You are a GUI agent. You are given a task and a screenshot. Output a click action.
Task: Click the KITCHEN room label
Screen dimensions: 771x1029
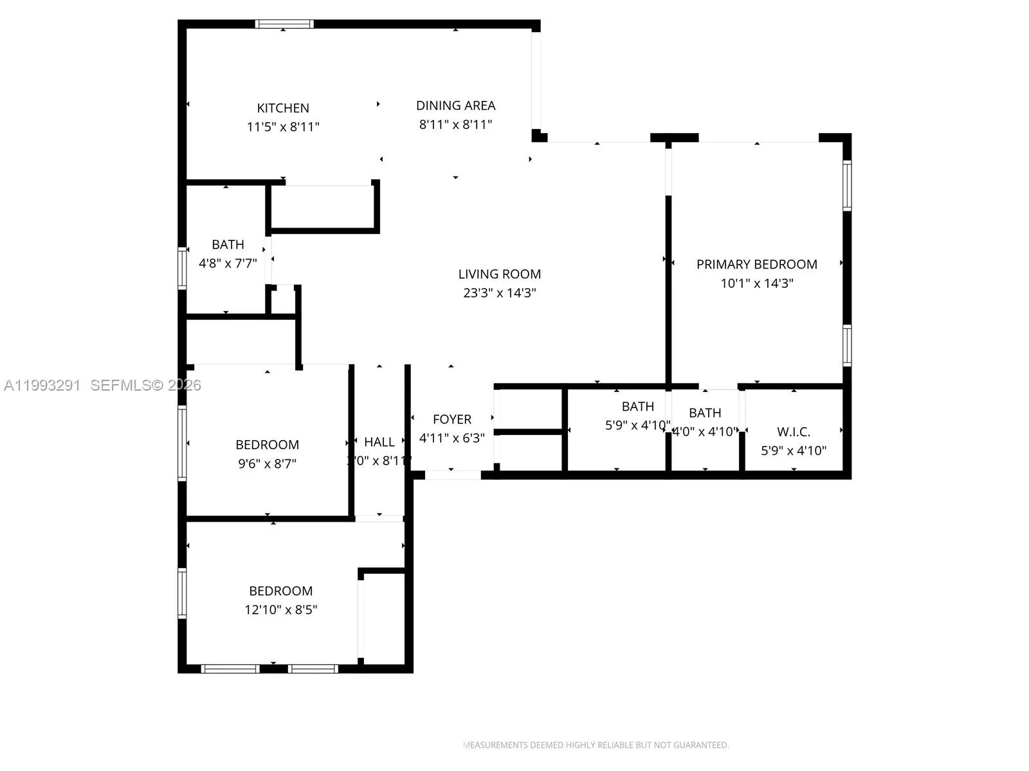pyautogui.click(x=283, y=108)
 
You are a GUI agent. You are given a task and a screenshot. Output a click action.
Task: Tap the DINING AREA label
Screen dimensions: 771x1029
pyautogui.click(x=455, y=105)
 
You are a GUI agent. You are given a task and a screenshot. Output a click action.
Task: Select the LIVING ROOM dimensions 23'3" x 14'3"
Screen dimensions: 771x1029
pyautogui.click(x=500, y=293)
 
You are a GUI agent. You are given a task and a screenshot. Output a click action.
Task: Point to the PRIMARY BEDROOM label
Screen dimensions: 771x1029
pyautogui.click(x=756, y=264)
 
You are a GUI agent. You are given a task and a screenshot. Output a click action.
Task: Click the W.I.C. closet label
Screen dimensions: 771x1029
pyautogui.click(x=794, y=432)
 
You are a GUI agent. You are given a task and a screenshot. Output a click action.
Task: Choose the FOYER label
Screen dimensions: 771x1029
pyautogui.click(x=452, y=419)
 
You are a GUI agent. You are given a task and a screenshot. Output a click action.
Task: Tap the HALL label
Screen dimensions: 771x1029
pyautogui.click(x=379, y=442)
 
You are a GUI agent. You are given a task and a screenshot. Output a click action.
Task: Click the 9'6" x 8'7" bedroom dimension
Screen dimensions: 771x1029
pyautogui.click(x=267, y=463)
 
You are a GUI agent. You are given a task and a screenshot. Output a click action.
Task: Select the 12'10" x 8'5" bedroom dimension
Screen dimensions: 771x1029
pyautogui.click(x=281, y=609)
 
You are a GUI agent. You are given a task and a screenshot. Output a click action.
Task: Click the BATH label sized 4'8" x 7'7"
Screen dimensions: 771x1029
pyautogui.click(x=228, y=244)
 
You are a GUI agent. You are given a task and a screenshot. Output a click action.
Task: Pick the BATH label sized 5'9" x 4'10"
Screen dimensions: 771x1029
pyautogui.click(x=637, y=406)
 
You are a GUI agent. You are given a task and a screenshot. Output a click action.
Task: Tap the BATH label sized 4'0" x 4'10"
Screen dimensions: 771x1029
pyautogui.click(x=705, y=412)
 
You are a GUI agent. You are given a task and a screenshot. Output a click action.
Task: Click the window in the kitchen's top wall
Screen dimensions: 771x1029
pyautogui.click(x=284, y=24)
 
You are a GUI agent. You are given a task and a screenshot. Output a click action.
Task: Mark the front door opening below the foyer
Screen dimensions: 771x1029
pyautogui.click(x=453, y=475)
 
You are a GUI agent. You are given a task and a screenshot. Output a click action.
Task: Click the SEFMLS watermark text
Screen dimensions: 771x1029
pyautogui.click(x=145, y=385)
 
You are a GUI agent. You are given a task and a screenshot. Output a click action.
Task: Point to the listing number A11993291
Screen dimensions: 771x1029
pyautogui.click(x=42, y=385)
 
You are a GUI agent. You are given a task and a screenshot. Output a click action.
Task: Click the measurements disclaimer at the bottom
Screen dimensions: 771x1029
pyautogui.click(x=596, y=745)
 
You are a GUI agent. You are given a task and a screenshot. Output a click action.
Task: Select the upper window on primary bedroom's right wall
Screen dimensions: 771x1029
pyautogui.click(x=847, y=186)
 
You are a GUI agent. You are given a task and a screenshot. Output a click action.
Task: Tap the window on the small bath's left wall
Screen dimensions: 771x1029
pyautogui.click(x=182, y=268)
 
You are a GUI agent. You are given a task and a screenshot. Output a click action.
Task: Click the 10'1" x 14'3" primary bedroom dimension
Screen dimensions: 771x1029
pyautogui.click(x=756, y=283)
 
